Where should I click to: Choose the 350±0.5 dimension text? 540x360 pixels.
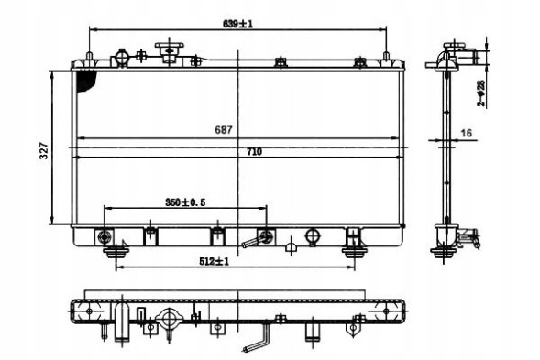pos(184,201)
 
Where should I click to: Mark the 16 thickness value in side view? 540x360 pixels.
pos(466,134)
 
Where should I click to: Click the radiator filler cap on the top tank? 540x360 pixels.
pos(169,49)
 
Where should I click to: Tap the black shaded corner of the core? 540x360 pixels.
pos(88,81)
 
